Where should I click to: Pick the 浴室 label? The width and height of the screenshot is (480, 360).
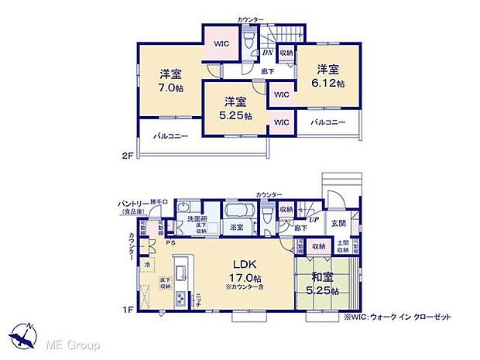tap(236, 228)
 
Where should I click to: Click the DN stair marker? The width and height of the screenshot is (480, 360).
tap(267, 53)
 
